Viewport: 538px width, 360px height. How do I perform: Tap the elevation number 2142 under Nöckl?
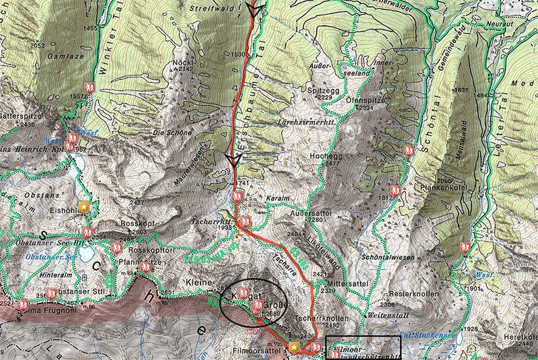click(184, 68)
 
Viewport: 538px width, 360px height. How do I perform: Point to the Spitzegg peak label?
click(315, 89)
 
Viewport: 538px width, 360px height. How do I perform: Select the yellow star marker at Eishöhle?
click(83, 207)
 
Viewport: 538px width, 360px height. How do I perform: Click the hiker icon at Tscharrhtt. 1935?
click(246, 222)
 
